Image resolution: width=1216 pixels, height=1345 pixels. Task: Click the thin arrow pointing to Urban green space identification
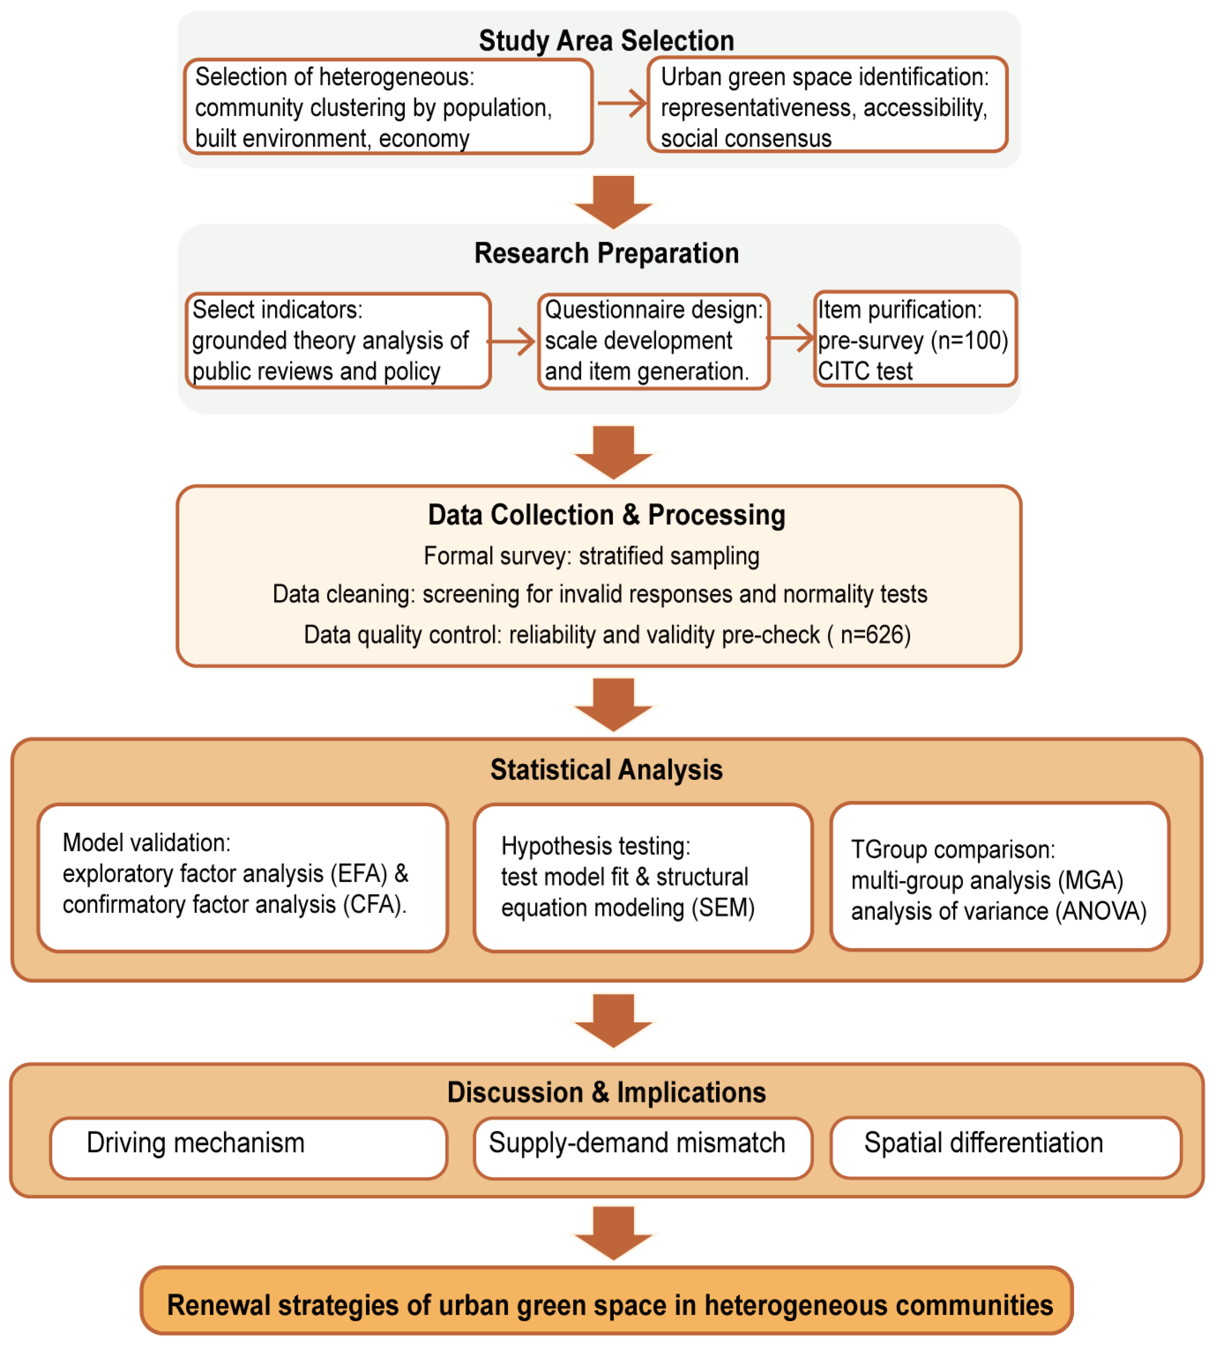point(622,104)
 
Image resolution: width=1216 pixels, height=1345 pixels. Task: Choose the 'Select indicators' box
point(338,340)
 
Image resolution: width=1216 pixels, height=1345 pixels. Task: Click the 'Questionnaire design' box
point(653,341)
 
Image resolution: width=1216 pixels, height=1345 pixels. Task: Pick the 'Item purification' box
point(915,339)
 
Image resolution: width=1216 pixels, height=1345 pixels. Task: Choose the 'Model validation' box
point(242,877)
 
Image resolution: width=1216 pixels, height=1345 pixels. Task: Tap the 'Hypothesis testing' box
point(642,877)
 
